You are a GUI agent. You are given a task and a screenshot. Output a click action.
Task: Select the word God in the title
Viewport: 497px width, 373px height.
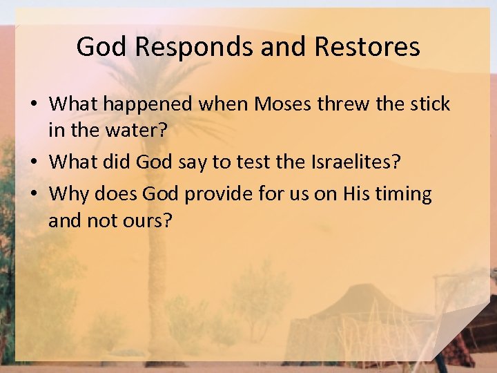click(101, 47)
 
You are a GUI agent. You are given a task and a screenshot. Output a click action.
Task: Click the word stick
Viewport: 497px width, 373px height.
click(429, 104)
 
